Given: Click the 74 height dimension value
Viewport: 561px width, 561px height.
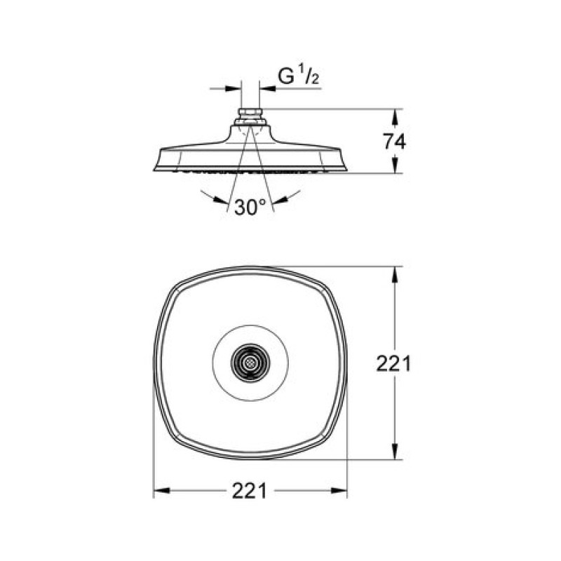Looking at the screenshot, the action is click(394, 141).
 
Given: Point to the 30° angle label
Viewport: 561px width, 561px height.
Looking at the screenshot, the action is click(250, 207).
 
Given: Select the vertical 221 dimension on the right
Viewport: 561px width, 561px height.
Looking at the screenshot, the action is click(393, 363).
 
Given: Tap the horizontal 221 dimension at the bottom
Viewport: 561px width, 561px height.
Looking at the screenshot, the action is click(250, 491).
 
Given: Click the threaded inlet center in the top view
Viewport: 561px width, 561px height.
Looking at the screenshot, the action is click(250, 363).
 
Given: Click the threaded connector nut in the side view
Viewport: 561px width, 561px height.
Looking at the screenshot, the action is click(250, 114).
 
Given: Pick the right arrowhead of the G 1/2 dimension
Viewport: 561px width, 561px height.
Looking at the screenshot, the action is click(267, 88).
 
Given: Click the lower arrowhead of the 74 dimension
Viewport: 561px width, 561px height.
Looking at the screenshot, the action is click(395, 165).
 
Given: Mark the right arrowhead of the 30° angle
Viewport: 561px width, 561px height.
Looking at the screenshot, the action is click(280, 200).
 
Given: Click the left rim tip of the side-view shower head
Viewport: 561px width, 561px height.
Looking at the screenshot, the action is click(154, 170).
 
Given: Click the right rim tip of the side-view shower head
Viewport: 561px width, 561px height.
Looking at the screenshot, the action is click(347, 170).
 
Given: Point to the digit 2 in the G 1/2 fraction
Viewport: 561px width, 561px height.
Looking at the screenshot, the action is click(315, 80).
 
